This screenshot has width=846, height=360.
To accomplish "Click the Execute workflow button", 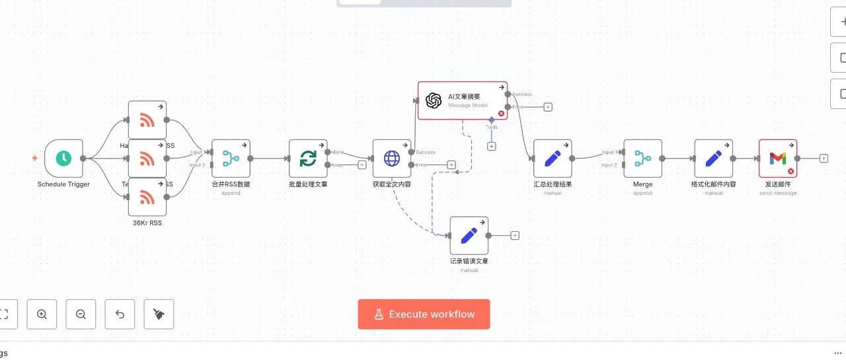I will coord(424,314).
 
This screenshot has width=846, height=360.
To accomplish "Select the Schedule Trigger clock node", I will coord(63,159).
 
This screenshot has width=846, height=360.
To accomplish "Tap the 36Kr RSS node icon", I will coord(147,197).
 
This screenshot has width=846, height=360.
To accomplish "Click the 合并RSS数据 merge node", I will coord(231,159).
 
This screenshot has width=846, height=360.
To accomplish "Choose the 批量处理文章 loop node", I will coord(308,159).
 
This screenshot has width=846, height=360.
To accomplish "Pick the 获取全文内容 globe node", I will coord(392,159).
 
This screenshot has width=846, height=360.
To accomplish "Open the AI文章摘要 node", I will coord(462,100).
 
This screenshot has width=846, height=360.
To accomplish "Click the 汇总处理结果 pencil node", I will coord(553,159).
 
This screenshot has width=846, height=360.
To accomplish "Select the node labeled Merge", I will coord(642,159).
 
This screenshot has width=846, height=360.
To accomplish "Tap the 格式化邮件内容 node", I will coord(713,159).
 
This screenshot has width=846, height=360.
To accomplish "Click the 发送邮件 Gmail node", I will coord(777,159).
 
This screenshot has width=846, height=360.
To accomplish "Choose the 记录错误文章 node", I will coord(469,235).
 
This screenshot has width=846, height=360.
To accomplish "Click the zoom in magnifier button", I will coord(42,314).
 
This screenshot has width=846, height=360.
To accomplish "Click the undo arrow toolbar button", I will coord(120,314).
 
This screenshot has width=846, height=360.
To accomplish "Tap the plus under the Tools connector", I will coord(491,147).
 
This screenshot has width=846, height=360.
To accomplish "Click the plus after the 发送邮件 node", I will coord(824,159).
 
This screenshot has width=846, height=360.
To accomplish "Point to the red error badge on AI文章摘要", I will coord(501,114).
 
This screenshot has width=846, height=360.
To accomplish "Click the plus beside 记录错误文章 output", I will coord(515,236).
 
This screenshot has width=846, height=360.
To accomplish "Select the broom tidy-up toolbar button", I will coord(159,314).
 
